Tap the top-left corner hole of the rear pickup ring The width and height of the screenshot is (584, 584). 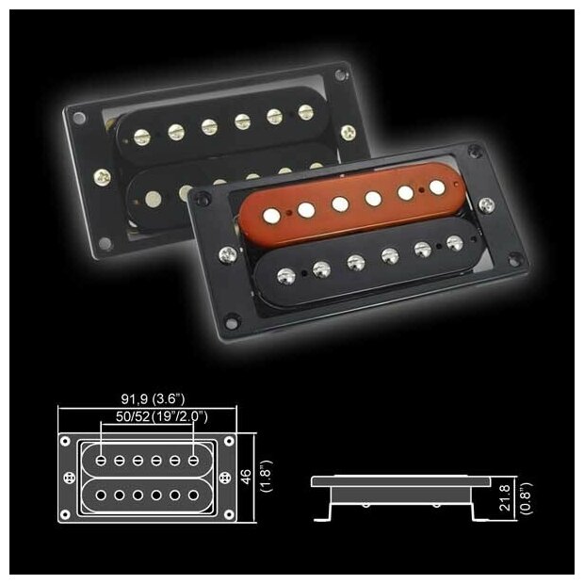tap(78, 118)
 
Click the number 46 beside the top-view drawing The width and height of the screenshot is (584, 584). tap(247, 478)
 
